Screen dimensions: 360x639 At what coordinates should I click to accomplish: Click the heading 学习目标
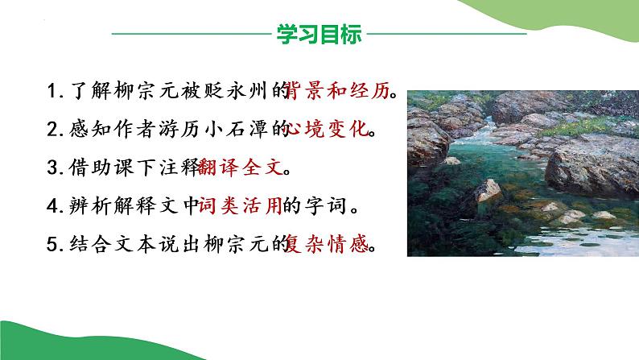tap(319, 35)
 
